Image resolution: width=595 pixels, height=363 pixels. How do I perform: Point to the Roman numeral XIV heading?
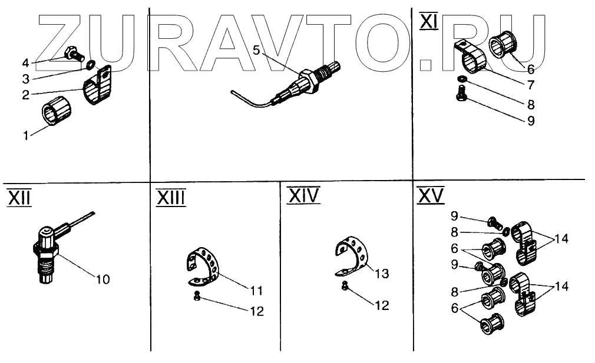pyautogui.click(x=303, y=195)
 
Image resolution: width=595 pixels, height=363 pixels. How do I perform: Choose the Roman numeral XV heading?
pyautogui.click(x=430, y=197)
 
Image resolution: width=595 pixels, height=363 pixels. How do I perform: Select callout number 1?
pyautogui.click(x=25, y=136)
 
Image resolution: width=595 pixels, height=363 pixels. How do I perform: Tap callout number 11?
pyautogui.click(x=256, y=290)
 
